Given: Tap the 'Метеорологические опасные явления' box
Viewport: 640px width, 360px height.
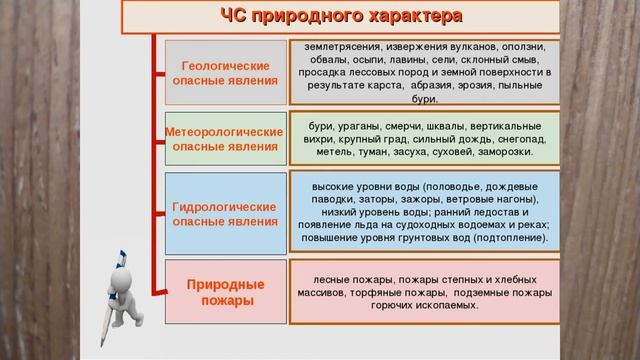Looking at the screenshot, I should click(x=224, y=139).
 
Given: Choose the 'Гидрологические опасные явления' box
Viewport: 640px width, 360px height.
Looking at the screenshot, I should click(x=224, y=213).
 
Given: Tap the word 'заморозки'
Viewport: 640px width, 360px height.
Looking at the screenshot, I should click(x=506, y=153).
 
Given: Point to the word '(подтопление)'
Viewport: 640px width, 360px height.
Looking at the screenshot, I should click(x=511, y=239).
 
